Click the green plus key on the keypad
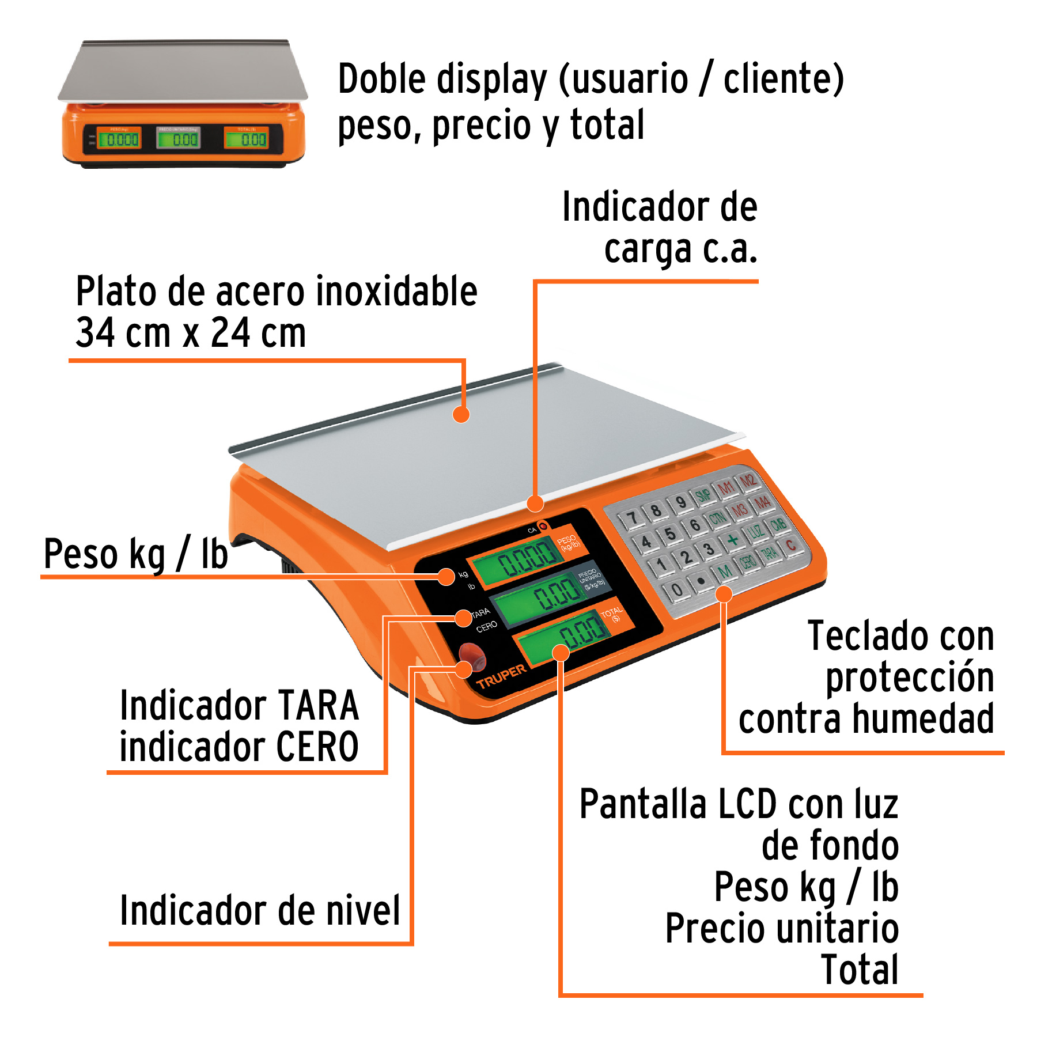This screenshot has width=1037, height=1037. [x=732, y=540]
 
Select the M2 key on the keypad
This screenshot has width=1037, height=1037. [x=747, y=480]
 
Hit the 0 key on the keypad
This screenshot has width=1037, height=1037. [x=678, y=589]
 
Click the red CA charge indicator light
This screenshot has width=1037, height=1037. [x=542, y=526]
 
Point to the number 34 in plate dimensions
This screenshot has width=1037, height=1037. [x=94, y=333]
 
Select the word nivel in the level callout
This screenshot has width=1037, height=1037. [x=363, y=911]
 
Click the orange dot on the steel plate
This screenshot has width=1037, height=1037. [x=461, y=414]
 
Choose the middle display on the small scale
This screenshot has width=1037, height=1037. [x=179, y=138]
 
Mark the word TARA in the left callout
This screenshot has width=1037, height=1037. [x=318, y=706]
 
